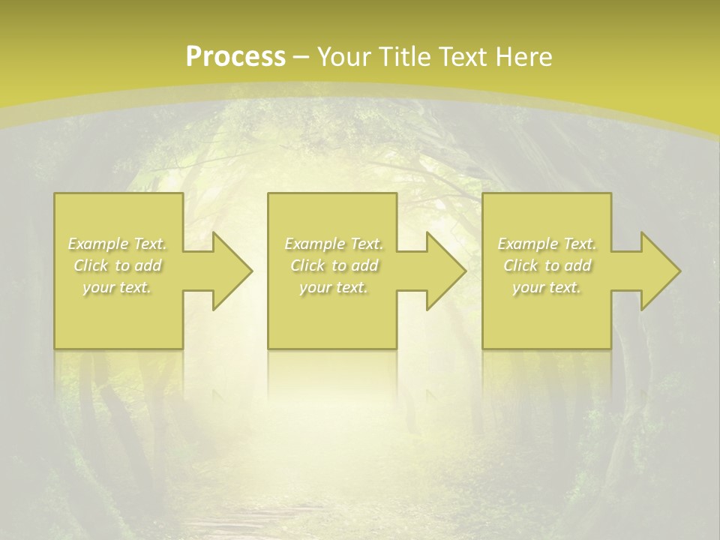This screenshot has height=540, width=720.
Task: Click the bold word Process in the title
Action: click(x=235, y=57)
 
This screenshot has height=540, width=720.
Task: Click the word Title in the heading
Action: click(x=403, y=57)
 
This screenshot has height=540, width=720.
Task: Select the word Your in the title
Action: click(x=347, y=57)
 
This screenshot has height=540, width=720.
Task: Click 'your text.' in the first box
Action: click(x=116, y=287)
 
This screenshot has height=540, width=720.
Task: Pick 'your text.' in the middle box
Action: click(x=333, y=287)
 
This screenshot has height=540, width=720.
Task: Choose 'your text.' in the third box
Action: click(x=546, y=287)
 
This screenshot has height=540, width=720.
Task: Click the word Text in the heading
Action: click(x=460, y=57)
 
